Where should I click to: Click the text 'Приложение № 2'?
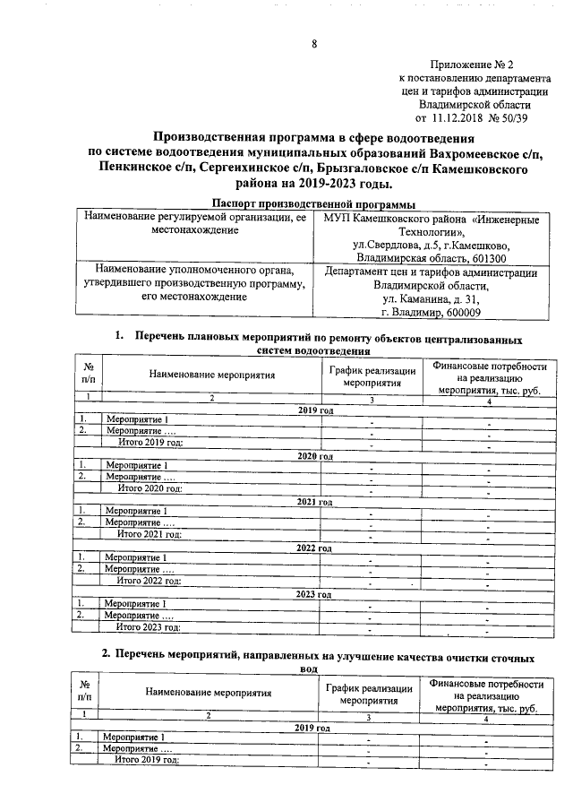pyautogui.click(x=472, y=65)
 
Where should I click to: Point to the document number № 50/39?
pyautogui.click(x=517, y=116)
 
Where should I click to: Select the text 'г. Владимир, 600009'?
pyautogui.click(x=431, y=313)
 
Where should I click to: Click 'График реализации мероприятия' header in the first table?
pyautogui.click(x=371, y=377)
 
